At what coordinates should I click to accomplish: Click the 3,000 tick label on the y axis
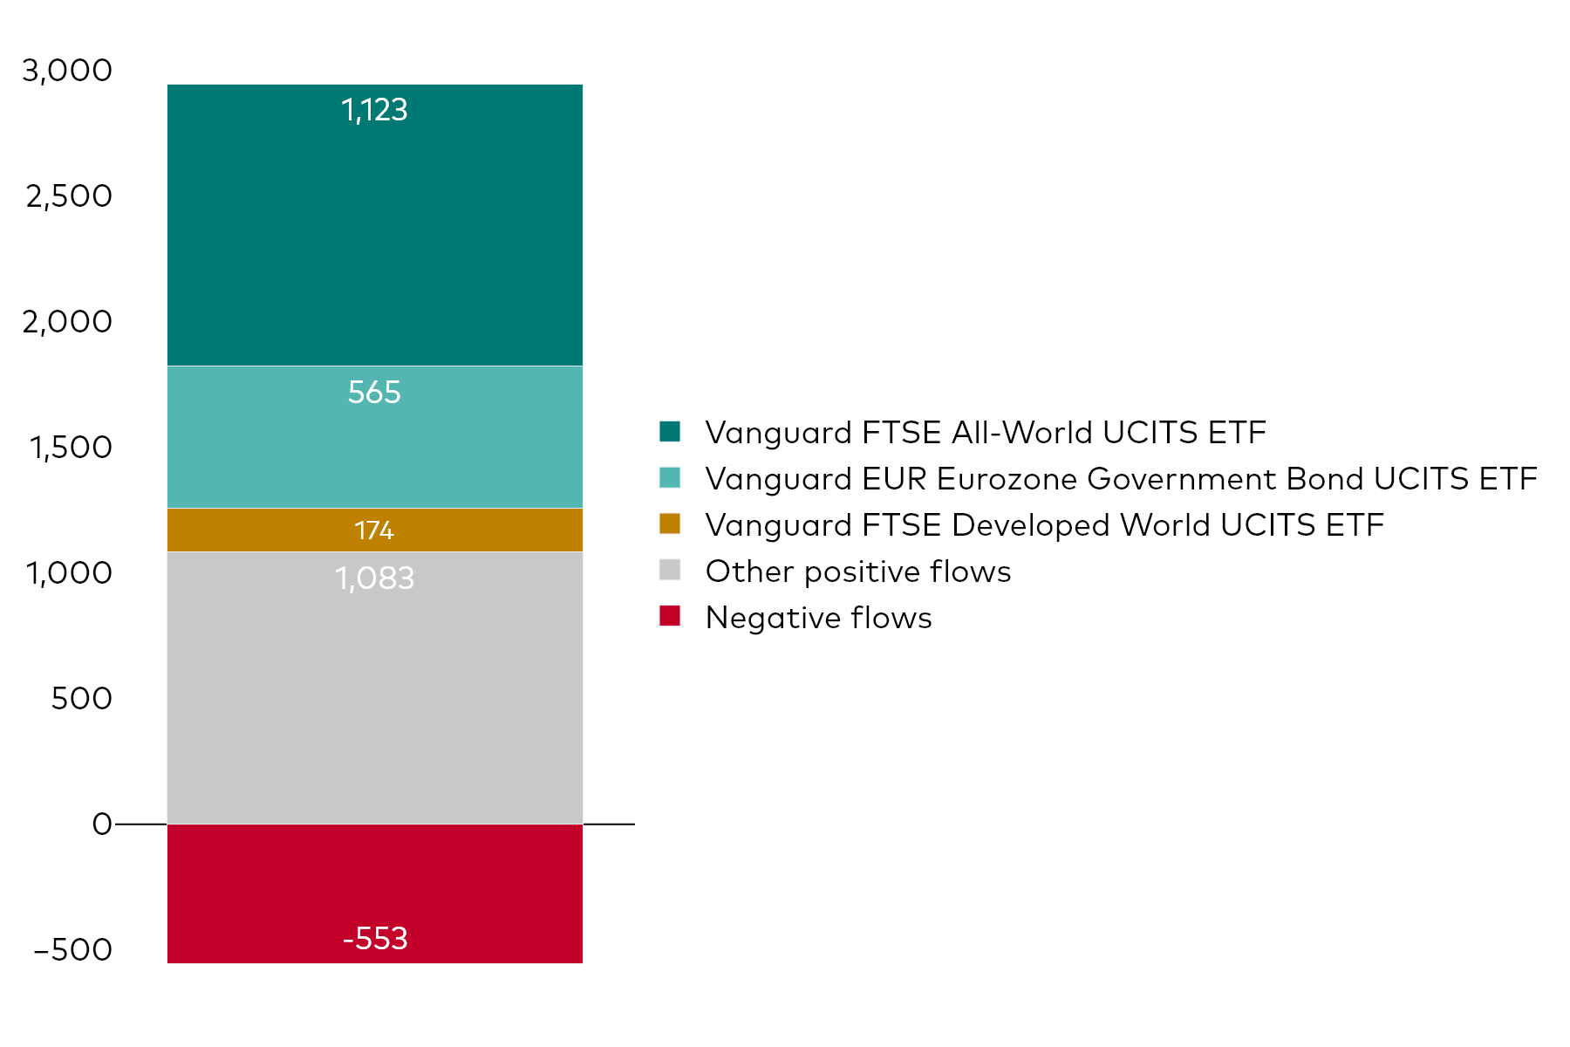point(67,71)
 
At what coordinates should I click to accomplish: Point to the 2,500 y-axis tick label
point(69,196)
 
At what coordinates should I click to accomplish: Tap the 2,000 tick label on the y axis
point(67,322)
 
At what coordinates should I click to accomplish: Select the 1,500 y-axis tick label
point(71,448)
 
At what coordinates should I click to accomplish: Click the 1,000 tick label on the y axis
point(69,573)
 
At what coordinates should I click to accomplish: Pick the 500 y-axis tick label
point(81,699)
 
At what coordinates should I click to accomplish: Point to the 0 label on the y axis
point(102,825)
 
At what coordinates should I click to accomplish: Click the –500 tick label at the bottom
point(73,950)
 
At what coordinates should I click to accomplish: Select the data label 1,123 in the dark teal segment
point(374,110)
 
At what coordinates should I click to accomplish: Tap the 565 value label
point(374,393)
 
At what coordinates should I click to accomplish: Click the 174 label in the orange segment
point(374,530)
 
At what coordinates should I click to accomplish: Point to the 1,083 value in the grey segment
point(374,578)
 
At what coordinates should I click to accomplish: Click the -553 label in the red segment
point(375,939)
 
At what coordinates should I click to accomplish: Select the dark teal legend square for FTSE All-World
point(670,432)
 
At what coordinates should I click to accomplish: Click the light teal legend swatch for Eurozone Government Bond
point(670,478)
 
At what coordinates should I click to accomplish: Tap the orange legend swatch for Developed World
point(670,524)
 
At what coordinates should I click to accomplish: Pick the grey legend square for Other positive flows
point(670,571)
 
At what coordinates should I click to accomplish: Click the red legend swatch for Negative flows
point(670,617)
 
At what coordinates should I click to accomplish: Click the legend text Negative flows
point(818,618)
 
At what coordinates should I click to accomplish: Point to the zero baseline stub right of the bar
point(609,824)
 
